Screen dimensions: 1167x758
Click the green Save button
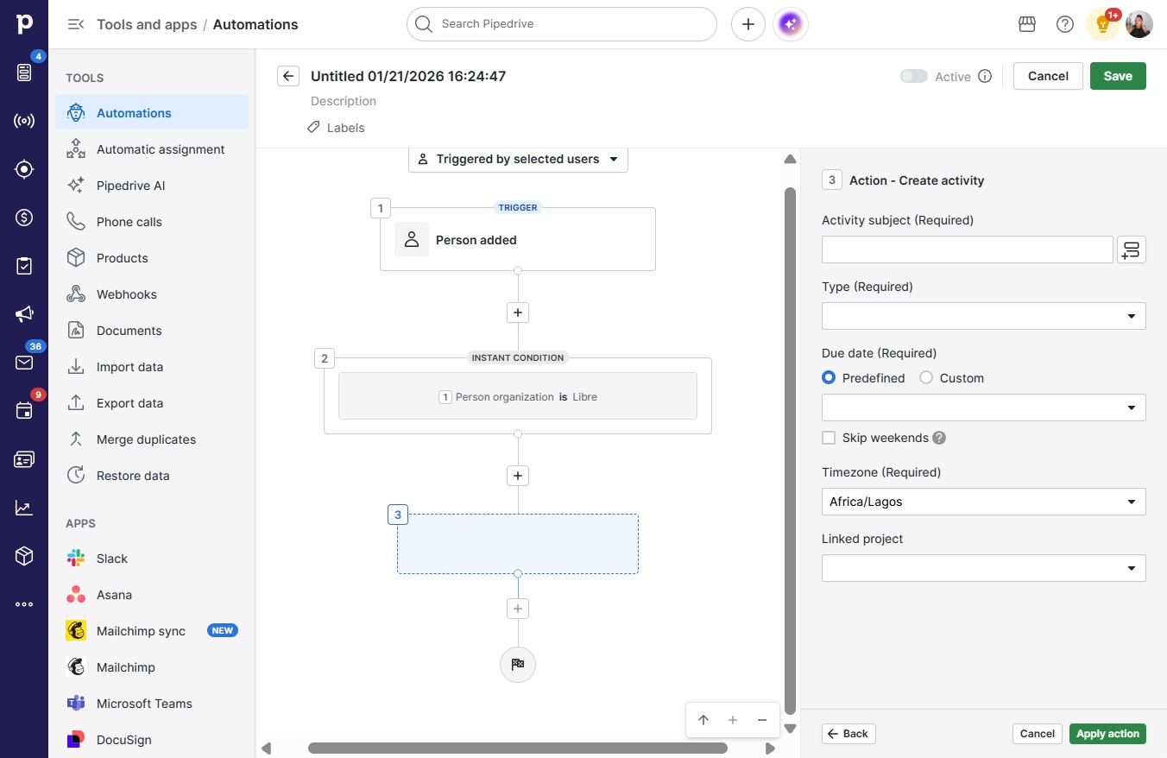point(1118,76)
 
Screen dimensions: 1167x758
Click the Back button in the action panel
point(848,734)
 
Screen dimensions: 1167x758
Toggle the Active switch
point(914,76)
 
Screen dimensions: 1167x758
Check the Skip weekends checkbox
point(829,438)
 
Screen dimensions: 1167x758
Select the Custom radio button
point(926,377)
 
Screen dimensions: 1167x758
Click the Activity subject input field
point(967,250)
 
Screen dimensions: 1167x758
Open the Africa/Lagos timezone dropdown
point(984,502)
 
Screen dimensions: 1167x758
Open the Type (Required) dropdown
point(984,316)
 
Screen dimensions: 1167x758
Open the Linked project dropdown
point(984,568)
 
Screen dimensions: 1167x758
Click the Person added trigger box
point(517,240)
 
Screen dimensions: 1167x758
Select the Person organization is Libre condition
point(517,396)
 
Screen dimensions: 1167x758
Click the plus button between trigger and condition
point(517,313)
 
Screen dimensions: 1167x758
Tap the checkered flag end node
point(517,664)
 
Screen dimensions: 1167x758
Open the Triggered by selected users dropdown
point(518,160)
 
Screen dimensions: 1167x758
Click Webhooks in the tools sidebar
point(127,294)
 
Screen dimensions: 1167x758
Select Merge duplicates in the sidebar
point(146,439)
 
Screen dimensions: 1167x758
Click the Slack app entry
point(112,559)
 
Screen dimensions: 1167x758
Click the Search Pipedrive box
point(562,24)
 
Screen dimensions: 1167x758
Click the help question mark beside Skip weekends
point(939,438)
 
